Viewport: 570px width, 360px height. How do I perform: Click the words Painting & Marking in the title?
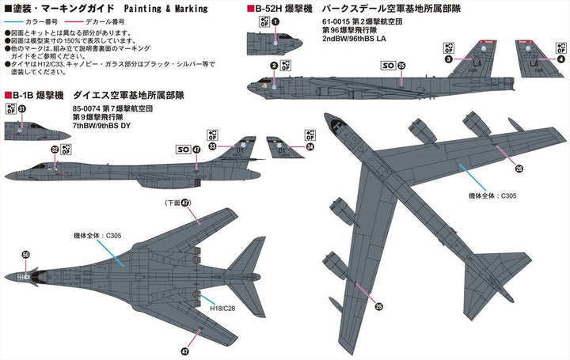pyautogui.click(x=165, y=11)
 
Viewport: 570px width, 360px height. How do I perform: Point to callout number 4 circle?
pyautogui.click(x=561, y=59)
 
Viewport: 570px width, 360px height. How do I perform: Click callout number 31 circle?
pyautogui.click(x=22, y=109)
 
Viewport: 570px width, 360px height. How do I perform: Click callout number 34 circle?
pyautogui.click(x=309, y=146)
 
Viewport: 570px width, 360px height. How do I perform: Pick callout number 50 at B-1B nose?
pyautogui.click(x=26, y=254)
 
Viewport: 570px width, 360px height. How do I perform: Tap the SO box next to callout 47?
pyautogui.click(x=180, y=147)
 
